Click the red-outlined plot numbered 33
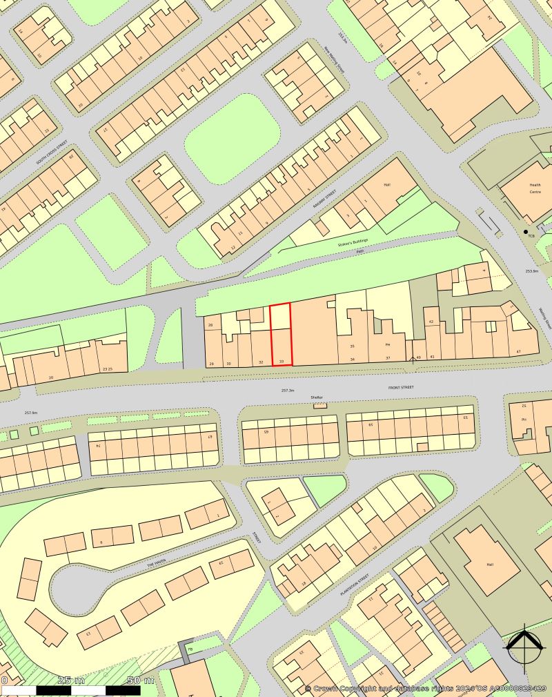tap(280, 335)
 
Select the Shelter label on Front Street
tap(317, 397)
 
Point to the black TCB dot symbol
tap(525, 231)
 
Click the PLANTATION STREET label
tap(354, 586)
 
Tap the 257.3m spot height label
tap(288, 391)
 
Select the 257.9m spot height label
tap(31, 413)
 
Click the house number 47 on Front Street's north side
tap(518, 352)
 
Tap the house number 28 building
tap(210, 324)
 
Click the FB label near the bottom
tap(189, 648)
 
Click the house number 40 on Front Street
tap(418, 357)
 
